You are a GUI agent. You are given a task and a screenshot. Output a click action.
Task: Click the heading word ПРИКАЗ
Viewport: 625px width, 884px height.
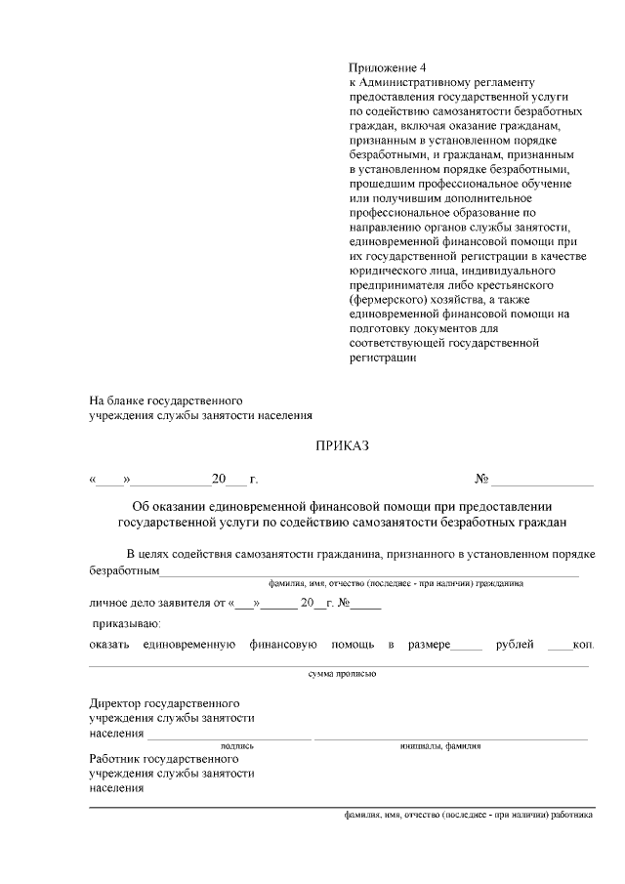click(343, 447)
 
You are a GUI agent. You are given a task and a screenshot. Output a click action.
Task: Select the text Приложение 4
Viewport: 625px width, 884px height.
click(388, 68)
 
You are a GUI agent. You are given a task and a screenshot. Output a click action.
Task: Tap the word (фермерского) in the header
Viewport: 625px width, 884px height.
click(390, 301)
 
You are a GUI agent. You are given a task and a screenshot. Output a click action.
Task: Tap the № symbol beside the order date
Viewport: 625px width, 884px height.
click(481, 480)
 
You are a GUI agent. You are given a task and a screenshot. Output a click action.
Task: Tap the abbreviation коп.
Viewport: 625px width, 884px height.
click(584, 645)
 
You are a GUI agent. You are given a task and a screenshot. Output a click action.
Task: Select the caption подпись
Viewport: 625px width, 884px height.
click(230, 745)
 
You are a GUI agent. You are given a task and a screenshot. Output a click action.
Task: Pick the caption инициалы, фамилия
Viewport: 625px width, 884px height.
click(440, 745)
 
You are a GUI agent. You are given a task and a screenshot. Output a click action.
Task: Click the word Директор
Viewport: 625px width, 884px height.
click(115, 702)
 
